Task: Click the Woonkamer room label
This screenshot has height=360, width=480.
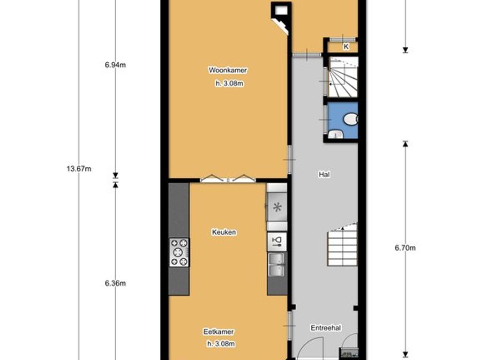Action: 228,70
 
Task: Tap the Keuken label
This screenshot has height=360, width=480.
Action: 224,232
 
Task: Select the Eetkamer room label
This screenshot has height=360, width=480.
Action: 218,332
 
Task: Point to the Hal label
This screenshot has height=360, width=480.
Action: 324,174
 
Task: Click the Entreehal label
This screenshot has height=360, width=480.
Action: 325,328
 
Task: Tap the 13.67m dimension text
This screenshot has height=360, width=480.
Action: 79,169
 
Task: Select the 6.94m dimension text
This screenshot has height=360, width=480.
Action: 115,65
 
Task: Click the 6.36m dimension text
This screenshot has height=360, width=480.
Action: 115,283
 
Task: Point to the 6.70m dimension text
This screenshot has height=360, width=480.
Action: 405,248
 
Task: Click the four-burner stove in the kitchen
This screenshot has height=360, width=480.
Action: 179,252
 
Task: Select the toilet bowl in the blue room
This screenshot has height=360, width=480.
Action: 350,120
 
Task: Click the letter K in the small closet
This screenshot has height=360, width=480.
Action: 346,46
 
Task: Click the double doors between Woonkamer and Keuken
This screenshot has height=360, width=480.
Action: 228,178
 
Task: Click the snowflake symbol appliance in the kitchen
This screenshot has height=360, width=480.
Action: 277,207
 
